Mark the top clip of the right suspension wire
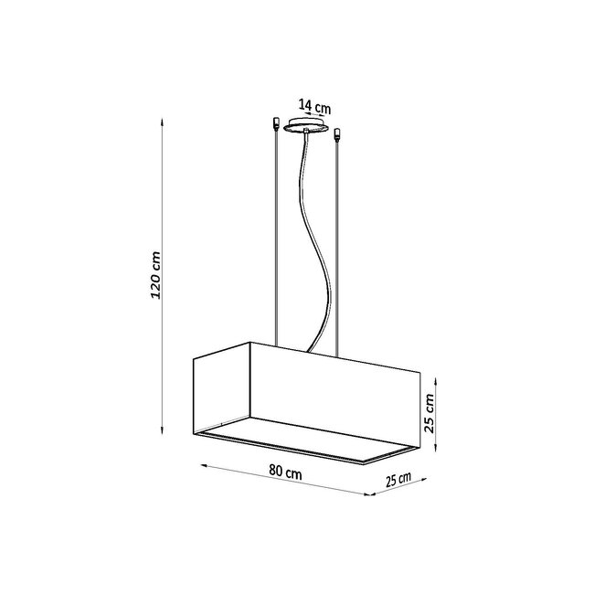pyautogui.click(x=338, y=136)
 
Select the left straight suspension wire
pyautogui.click(x=277, y=238)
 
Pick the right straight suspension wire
pyautogui.click(x=338, y=247)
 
